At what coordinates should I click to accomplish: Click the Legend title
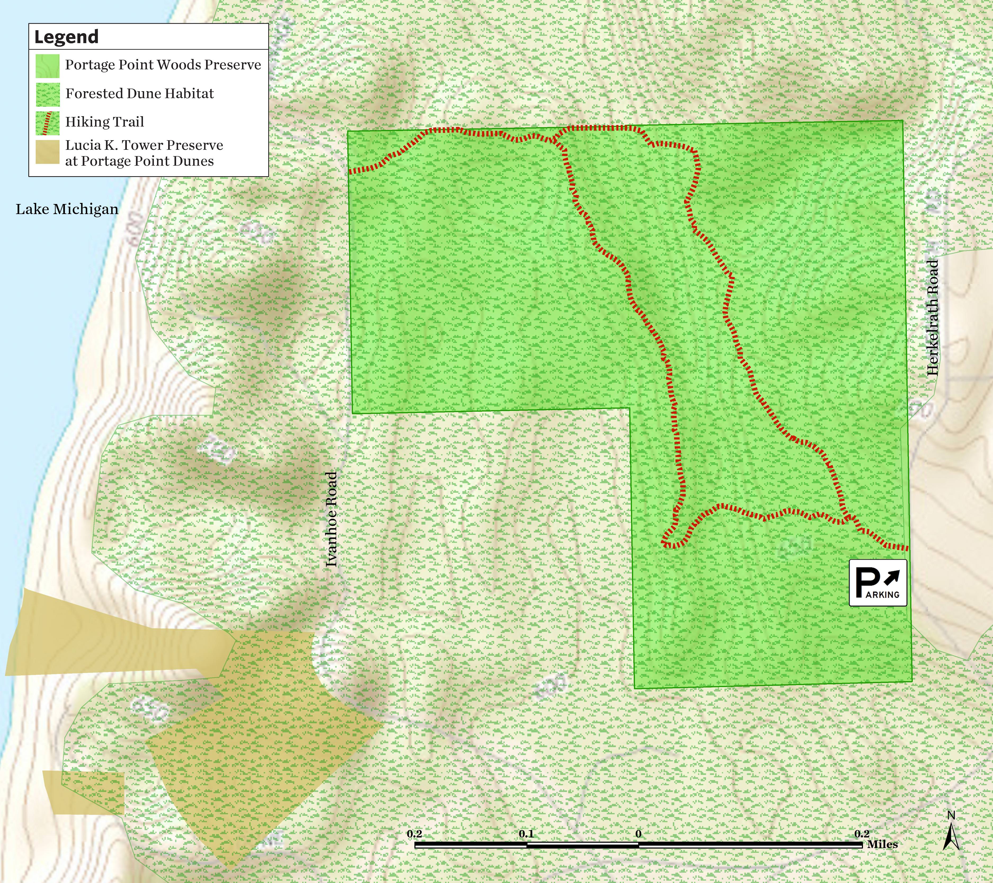[66, 37]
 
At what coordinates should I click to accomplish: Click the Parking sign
[877, 583]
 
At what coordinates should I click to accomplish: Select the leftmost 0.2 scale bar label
[414, 834]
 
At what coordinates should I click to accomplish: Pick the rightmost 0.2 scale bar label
[862, 834]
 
